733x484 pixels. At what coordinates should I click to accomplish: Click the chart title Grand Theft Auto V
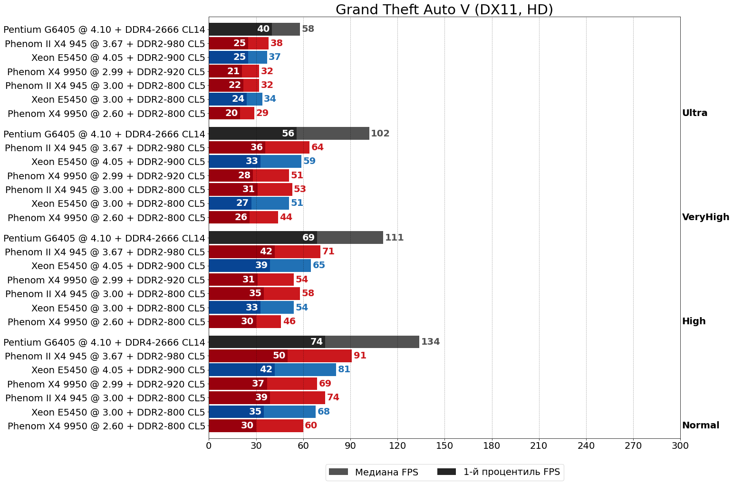tap(444, 10)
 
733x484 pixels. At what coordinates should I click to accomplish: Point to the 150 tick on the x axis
tap(444, 446)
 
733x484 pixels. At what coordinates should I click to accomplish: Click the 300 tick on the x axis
tap(680, 446)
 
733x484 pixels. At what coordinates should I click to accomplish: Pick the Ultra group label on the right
tap(694, 113)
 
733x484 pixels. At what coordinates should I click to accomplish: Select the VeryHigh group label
tap(705, 217)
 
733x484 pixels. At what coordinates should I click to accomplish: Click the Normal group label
tap(700, 426)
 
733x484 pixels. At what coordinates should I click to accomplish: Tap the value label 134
tap(430, 342)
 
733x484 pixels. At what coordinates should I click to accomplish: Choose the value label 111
tap(394, 238)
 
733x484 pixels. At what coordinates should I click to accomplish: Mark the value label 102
tap(380, 134)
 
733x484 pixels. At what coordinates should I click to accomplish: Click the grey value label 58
tap(308, 29)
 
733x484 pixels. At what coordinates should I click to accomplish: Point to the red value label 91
tap(360, 356)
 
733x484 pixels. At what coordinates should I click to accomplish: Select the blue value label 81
tap(344, 369)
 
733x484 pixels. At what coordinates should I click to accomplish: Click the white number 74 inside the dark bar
tap(317, 342)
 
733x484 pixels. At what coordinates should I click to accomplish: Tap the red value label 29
tap(262, 113)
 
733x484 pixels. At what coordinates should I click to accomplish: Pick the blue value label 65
tap(319, 265)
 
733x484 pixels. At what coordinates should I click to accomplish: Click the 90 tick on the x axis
tap(350, 446)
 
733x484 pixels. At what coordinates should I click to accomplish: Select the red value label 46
tap(289, 321)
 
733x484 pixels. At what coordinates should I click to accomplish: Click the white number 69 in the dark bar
tap(309, 238)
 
